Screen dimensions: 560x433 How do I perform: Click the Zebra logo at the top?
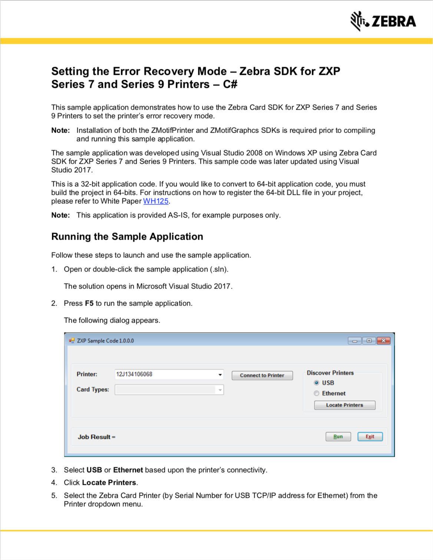[x=383, y=21]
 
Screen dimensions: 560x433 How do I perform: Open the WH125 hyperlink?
[x=156, y=201]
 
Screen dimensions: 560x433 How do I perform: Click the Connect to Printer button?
[x=262, y=375]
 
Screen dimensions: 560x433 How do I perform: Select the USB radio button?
[x=317, y=383]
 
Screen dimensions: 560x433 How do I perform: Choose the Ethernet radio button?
[x=317, y=393]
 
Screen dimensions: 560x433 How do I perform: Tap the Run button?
[x=338, y=437]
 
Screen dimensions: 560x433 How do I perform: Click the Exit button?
[x=370, y=437]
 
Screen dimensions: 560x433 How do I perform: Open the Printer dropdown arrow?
[x=220, y=374]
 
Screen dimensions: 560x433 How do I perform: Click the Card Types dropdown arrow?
[x=220, y=390]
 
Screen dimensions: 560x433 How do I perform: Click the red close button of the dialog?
[x=384, y=341]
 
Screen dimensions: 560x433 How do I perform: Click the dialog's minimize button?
[x=354, y=341]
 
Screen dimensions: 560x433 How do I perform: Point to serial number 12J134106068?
[x=134, y=374]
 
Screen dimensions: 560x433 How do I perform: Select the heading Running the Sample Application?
[x=127, y=236]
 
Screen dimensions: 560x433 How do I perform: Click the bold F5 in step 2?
[x=89, y=303]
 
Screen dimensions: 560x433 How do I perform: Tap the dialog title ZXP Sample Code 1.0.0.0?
[x=105, y=341]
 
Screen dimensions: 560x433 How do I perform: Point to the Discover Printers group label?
[x=330, y=373]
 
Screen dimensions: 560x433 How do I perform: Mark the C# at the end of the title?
[x=230, y=84]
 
